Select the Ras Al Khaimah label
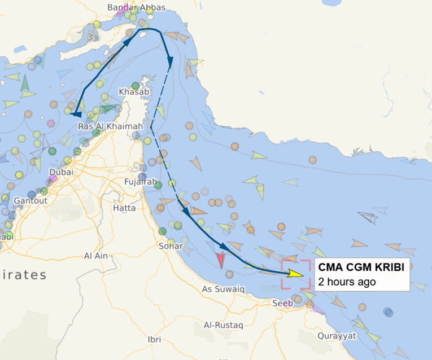[110, 126]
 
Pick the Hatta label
[124, 208]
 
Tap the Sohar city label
[171, 246]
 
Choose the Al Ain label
[96, 256]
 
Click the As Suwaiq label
[224, 289]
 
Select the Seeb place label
[282, 303]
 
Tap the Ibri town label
[154, 339]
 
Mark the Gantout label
[27, 200]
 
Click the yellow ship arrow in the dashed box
[295, 274]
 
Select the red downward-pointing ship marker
[220, 260]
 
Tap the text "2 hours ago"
[347, 282]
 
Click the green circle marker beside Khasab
[136, 85]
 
